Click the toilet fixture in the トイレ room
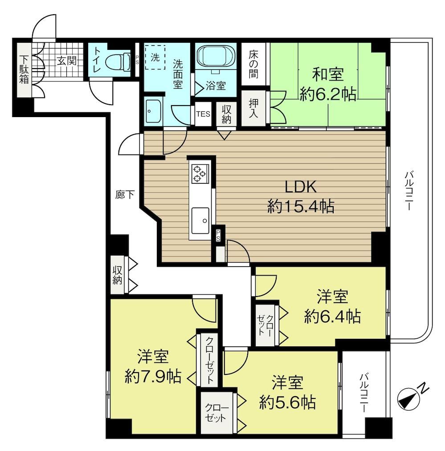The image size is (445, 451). pyautogui.click(x=118, y=61)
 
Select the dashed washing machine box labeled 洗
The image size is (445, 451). pyautogui.click(x=155, y=57)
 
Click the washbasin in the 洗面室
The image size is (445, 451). pyautogui.click(x=153, y=111)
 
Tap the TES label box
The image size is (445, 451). pyautogui.click(x=203, y=114)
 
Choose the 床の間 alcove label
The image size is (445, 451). pyautogui.click(x=253, y=64)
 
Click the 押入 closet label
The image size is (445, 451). pyautogui.click(x=253, y=108)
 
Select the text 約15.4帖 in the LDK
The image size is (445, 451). pyautogui.click(x=301, y=206)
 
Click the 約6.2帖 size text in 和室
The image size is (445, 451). pyautogui.click(x=328, y=94)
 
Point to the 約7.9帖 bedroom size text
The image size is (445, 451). pyautogui.click(x=153, y=376)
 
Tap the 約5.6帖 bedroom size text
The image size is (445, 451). pyautogui.click(x=287, y=402)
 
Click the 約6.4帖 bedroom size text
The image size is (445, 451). pyautogui.click(x=332, y=316)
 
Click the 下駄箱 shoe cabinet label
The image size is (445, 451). pyautogui.click(x=24, y=69)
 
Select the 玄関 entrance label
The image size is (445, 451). pyautogui.click(x=66, y=61)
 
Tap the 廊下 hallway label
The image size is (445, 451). pyautogui.click(x=125, y=195)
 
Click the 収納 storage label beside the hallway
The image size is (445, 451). pyautogui.click(x=117, y=275)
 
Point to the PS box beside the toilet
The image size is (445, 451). pyautogui.click(x=137, y=60)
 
